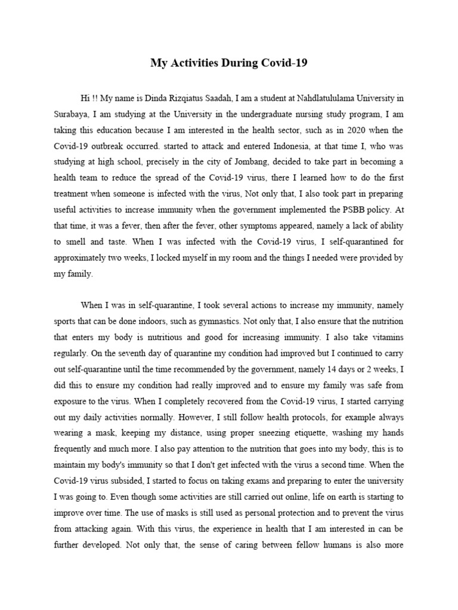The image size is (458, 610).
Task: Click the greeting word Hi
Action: [85, 98]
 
